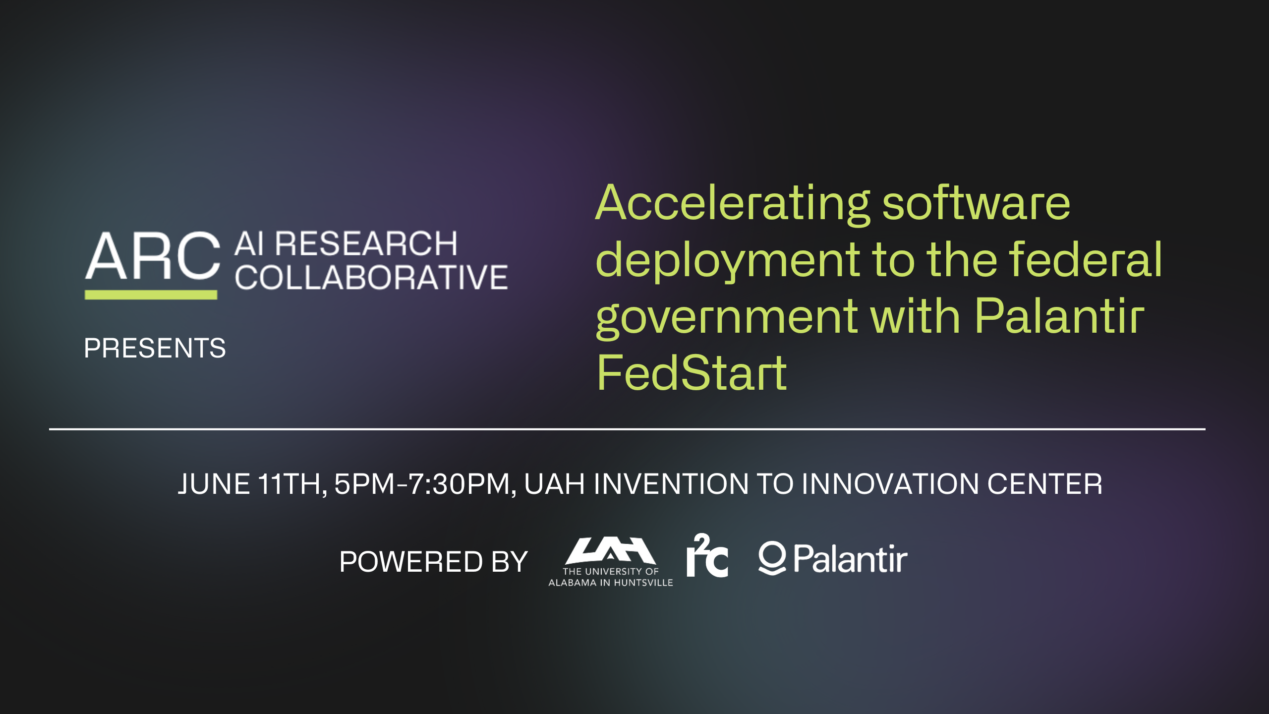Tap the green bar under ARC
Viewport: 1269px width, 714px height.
151,295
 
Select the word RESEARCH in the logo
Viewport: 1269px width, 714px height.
366,244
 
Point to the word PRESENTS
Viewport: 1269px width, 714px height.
155,348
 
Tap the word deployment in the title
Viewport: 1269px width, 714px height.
728,261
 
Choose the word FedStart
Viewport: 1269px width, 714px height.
692,372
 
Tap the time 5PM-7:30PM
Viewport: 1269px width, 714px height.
425,484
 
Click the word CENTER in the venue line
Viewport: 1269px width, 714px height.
1045,484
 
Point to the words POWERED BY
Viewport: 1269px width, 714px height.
434,562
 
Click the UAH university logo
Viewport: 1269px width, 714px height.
611,562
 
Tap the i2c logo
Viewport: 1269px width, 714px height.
707,555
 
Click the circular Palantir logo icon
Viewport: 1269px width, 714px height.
772,558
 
